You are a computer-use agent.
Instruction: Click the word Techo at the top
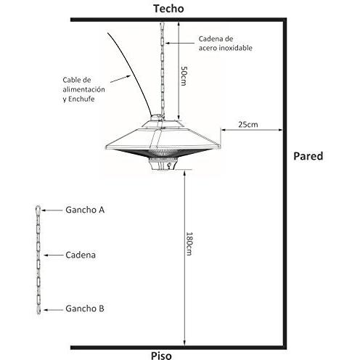pos(168,9)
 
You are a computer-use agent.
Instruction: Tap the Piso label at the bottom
pos(161,356)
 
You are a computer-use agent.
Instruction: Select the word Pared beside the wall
pos(308,156)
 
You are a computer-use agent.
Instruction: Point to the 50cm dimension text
pos(184,75)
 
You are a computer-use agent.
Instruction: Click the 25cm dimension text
pos(248,124)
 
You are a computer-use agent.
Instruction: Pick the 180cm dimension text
pos(189,244)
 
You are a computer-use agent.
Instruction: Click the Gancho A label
pos(85,210)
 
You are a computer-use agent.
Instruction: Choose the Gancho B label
pos(85,308)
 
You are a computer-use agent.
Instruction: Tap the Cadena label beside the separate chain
pos(81,255)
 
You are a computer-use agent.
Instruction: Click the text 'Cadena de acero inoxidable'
pos(226,44)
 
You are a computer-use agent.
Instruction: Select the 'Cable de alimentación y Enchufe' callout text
pos(83,89)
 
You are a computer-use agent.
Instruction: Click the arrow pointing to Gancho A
pos(52,210)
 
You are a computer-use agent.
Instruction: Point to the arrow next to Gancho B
pos(53,310)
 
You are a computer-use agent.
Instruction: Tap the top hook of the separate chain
pos(38,208)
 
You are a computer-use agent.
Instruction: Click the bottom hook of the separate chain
pos(38,310)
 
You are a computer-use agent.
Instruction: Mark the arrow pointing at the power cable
pos(120,79)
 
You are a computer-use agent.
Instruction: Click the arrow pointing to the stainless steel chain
pos(180,44)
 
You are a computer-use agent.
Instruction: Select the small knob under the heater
pos(169,165)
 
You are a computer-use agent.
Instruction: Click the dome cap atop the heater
pos(157,118)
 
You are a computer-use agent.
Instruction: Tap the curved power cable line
pos(134,73)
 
